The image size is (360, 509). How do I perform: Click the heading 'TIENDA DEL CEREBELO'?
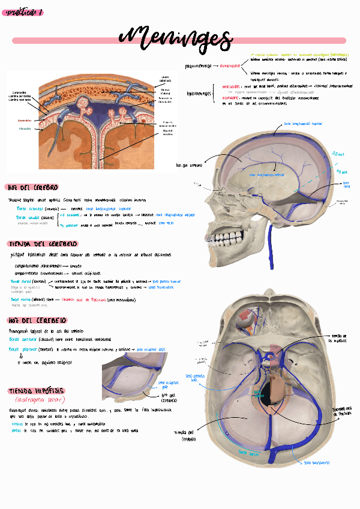point(42,244)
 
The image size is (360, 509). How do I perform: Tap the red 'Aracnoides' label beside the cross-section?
point(25,120)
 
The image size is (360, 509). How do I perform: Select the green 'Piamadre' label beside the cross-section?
point(25,128)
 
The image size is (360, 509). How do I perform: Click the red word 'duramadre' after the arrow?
point(230,66)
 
